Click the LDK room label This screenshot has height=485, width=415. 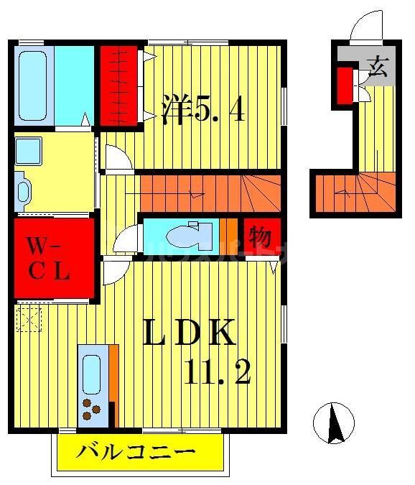[190, 333]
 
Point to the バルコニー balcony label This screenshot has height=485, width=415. [136, 453]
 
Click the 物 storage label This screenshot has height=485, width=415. [260, 236]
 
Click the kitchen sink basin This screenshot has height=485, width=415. [92, 373]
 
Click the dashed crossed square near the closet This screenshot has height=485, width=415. [29, 317]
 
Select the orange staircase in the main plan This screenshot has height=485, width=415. [208, 193]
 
